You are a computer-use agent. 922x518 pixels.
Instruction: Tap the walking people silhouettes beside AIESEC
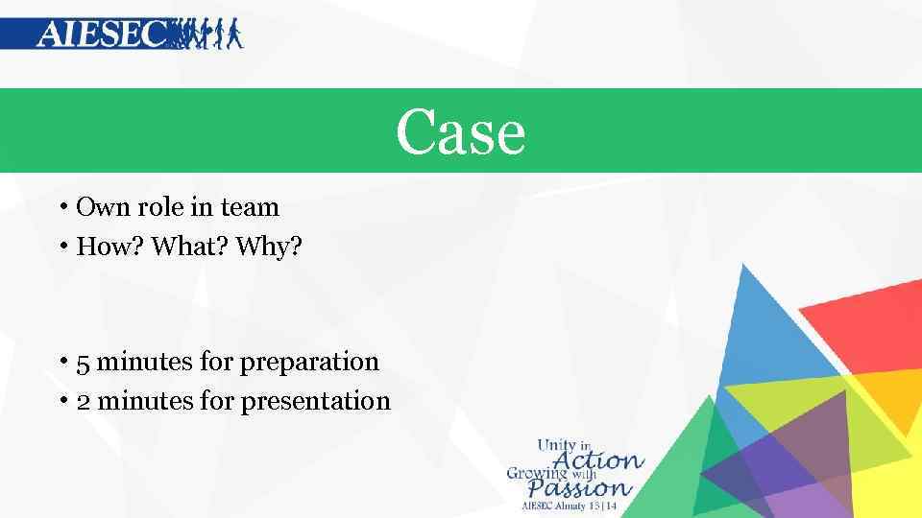point(206,34)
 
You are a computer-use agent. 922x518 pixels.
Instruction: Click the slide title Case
point(461,131)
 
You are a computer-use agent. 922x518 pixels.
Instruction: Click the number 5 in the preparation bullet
point(83,363)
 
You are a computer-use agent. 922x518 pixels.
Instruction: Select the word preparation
point(309,363)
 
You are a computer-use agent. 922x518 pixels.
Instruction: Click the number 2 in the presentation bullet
point(83,401)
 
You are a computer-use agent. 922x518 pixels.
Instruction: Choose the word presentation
point(315,401)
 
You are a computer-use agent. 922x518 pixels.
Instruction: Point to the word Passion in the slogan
point(581,488)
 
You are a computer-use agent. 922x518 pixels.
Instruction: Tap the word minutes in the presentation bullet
point(145,401)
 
